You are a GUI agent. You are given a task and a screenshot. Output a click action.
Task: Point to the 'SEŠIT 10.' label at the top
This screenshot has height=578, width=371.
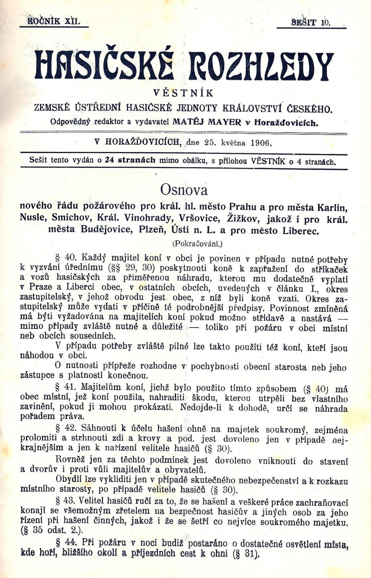[310, 22]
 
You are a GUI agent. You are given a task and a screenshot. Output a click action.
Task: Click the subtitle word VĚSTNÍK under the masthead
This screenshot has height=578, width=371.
[184, 93]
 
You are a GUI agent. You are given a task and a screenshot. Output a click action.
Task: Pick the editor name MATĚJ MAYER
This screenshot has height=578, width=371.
[207, 122]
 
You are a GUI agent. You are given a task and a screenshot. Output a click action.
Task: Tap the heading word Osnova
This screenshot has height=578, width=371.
[184, 190]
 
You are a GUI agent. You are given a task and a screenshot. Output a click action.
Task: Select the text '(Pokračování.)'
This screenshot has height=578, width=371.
[197, 243]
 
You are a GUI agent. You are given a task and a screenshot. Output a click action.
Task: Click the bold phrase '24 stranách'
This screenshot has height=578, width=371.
[130, 160]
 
